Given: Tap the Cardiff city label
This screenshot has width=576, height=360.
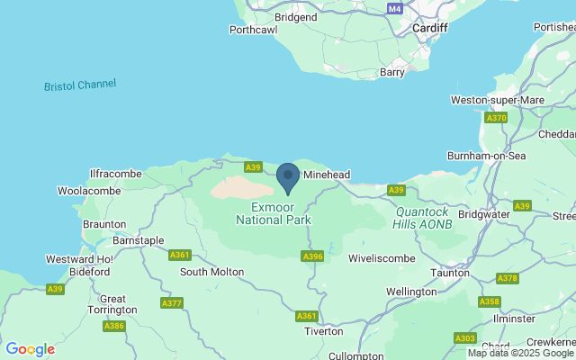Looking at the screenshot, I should tap(429, 28).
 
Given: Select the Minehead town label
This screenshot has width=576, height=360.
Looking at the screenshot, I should tap(326, 175).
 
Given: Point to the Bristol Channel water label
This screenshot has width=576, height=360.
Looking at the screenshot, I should tap(80, 85).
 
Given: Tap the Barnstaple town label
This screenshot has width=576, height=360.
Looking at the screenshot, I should tap(138, 240).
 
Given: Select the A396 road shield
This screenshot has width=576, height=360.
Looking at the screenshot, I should tap(312, 256).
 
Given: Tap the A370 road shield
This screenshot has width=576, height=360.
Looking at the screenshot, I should tap(496, 118).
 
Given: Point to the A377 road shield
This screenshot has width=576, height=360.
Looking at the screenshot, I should tap(172, 302).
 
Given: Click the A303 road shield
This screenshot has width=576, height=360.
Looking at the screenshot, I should tap(465, 337).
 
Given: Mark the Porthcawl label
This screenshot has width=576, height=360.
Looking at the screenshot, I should tap(253, 29).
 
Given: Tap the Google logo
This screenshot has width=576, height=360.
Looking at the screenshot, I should tap(30, 349).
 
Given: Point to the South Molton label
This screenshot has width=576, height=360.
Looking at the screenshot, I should tap(211, 271).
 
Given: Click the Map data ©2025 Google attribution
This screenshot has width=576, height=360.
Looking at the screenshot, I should tap(520, 353).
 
